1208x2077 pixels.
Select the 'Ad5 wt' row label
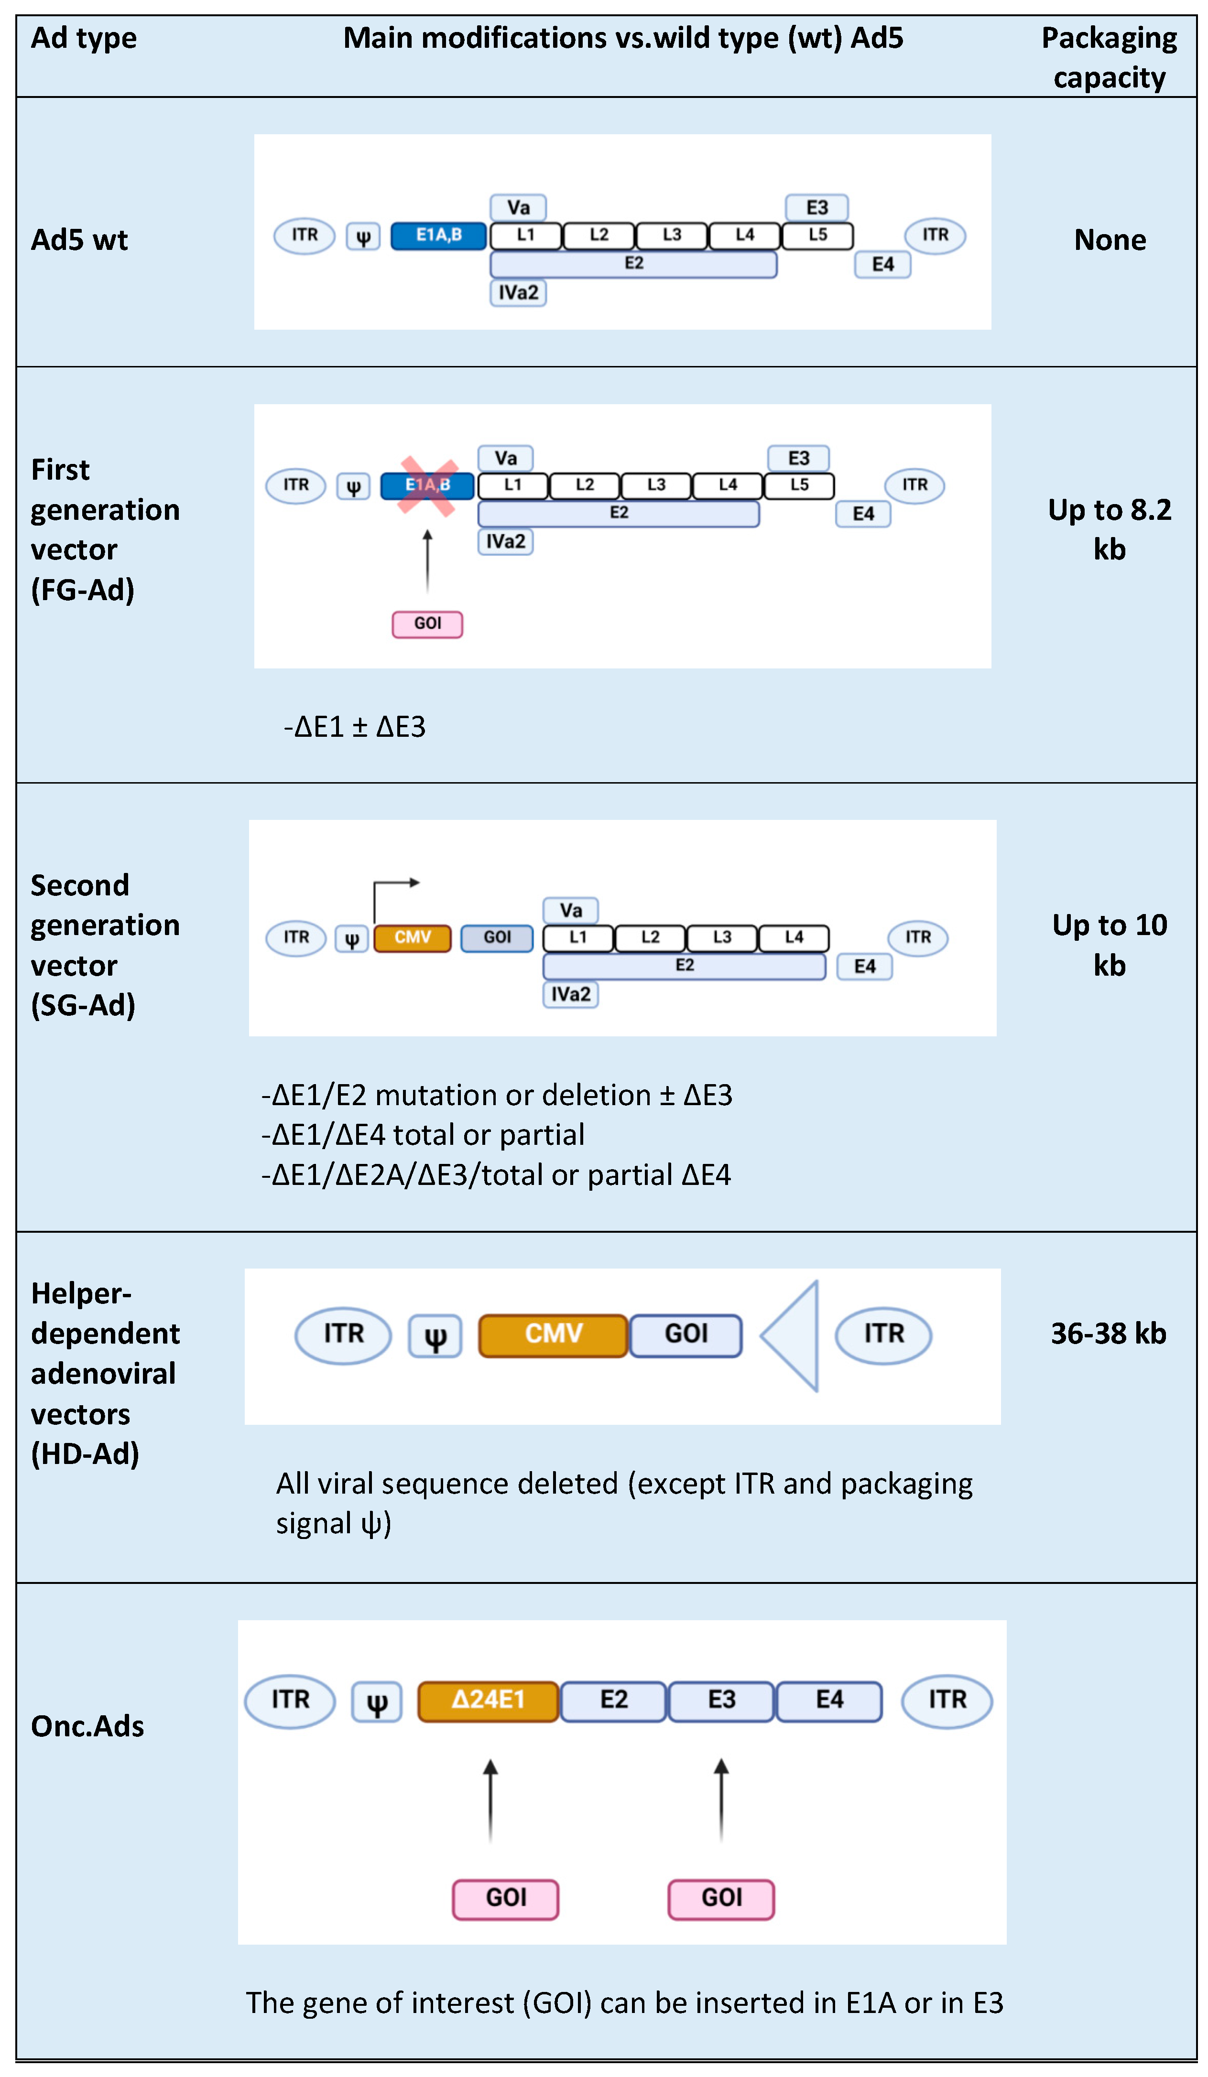pos(79,240)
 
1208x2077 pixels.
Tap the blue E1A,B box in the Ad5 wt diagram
pos(438,236)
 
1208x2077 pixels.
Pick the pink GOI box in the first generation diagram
pos(427,624)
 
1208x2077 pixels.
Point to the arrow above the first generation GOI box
pos(427,560)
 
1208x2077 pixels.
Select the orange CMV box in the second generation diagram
pos(412,938)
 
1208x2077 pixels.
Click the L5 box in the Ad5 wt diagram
pos(816,236)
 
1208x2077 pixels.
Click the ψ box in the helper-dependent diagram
pos(435,1337)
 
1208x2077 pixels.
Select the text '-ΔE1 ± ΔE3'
pos(355,727)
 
